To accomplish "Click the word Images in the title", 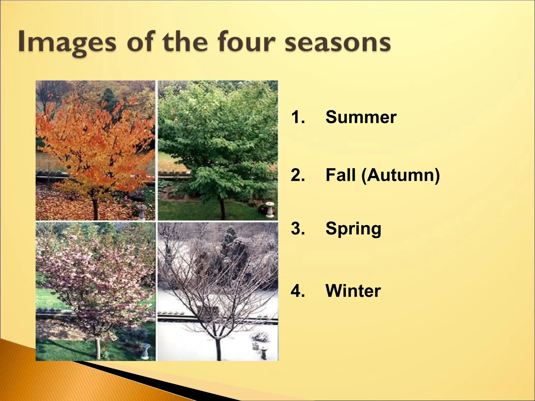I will (67, 42).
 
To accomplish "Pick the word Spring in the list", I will (353, 229).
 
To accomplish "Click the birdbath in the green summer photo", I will (270, 210).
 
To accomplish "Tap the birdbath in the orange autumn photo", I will (142, 212).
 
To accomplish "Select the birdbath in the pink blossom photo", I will (146, 351).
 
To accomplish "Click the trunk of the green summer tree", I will (223, 209).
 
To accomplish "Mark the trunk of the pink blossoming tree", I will (98, 349).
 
